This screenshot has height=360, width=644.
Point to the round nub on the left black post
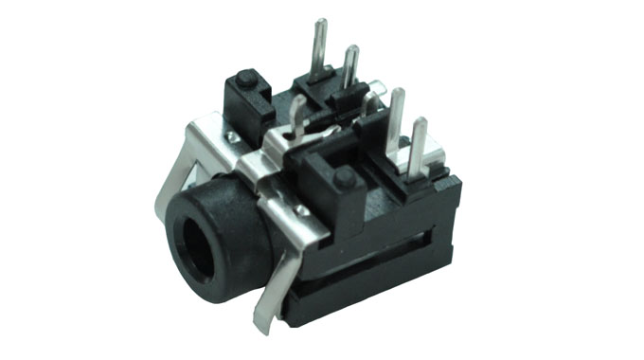(x=245, y=78)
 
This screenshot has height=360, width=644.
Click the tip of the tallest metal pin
(x=320, y=22)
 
